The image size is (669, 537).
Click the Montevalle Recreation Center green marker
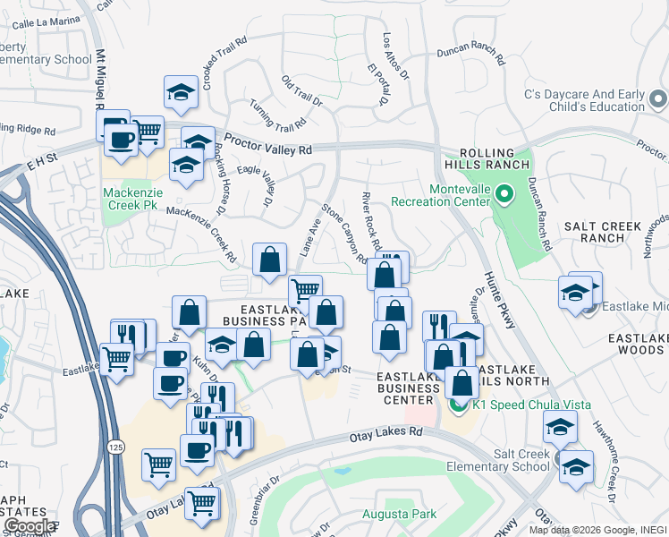pyautogui.click(x=503, y=192)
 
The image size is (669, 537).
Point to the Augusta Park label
pyautogui.click(x=399, y=514)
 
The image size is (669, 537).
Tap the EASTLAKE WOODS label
pyautogui.click(x=638, y=347)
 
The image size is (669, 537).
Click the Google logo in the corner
pyautogui.click(x=29, y=525)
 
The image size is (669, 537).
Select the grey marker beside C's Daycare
pyautogui.click(x=658, y=99)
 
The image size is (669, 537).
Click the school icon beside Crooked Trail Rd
pyautogui.click(x=181, y=91)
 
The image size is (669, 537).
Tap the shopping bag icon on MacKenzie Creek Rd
pyautogui.click(x=269, y=260)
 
